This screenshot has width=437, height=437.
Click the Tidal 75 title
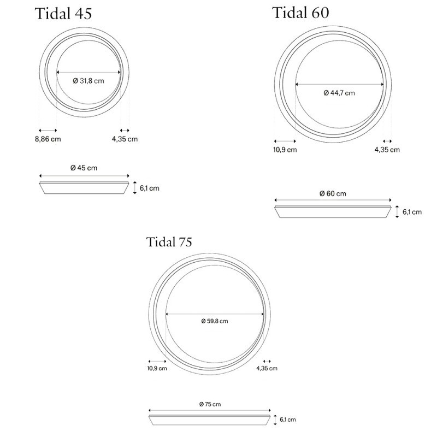169,242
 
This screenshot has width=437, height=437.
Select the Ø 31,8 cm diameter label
88,81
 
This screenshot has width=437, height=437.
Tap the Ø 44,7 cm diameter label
339,93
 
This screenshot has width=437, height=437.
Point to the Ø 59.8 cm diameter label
214,321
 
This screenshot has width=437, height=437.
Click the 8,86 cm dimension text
48,139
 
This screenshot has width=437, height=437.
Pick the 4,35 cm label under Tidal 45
125,139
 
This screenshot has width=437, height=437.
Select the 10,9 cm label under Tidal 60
285,150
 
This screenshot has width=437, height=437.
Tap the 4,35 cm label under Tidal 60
387,150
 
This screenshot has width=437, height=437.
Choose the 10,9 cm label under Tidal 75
157,369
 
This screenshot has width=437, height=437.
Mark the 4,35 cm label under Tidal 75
267,369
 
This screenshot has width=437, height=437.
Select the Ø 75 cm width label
210,404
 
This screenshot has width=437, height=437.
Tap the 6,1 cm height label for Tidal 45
149,188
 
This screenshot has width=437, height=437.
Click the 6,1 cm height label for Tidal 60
412,212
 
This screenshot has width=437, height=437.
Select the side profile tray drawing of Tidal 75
210,420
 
